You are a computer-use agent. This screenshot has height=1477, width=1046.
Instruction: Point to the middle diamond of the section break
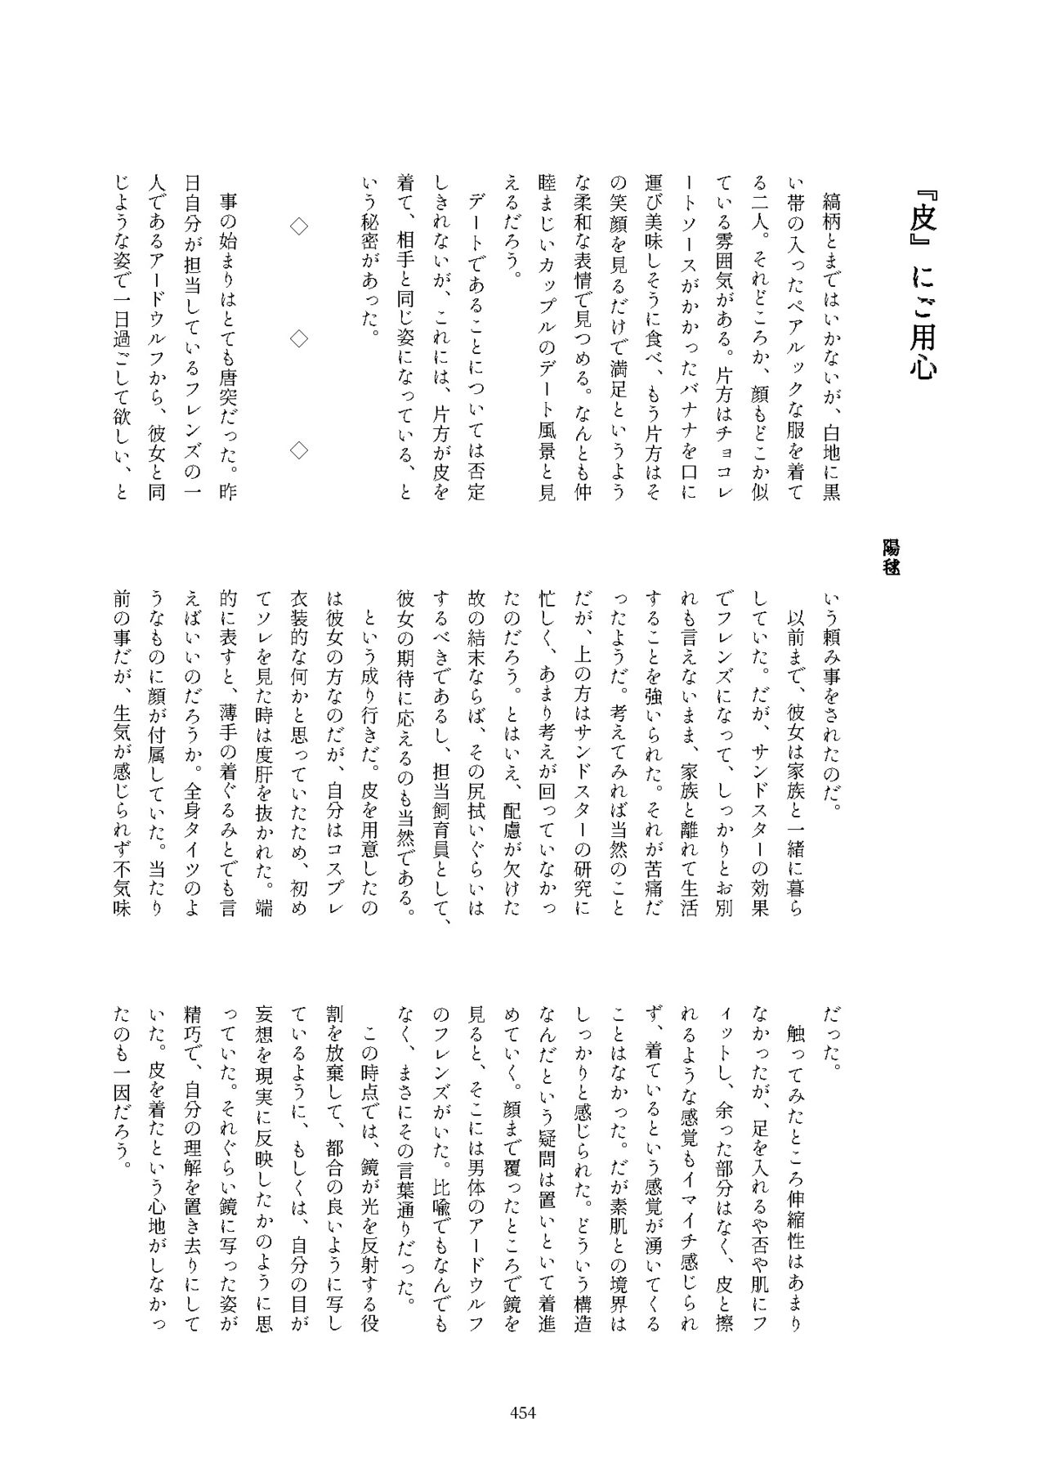click(300, 336)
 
